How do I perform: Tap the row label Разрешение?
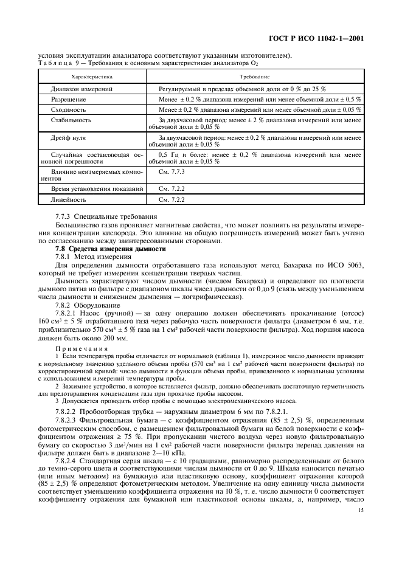(69, 98)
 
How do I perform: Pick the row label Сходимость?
(68, 109)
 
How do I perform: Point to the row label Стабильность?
(71, 120)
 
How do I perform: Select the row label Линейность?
(69, 199)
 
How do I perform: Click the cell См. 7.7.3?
(171, 173)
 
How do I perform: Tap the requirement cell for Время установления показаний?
(171, 188)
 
